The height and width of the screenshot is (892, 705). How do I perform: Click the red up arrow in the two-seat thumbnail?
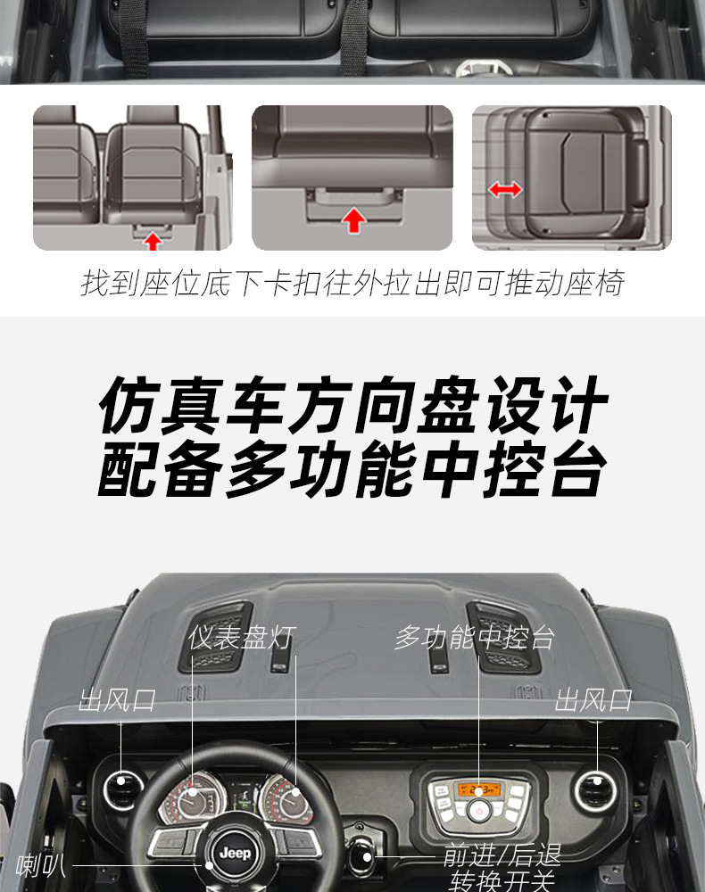[153, 240]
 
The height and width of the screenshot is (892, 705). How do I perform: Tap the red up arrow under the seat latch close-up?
[354, 219]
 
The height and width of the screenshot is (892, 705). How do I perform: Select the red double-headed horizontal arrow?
[505, 189]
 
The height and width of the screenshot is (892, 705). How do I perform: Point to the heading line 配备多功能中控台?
[352, 470]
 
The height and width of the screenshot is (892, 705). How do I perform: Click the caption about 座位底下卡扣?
[352, 283]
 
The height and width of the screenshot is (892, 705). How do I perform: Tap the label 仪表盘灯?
[242, 638]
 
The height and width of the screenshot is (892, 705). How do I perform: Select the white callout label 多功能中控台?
[475, 638]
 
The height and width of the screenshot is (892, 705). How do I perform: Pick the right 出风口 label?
[593, 700]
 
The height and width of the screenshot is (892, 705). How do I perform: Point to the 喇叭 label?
[41, 864]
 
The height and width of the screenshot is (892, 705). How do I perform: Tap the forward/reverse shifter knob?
[363, 859]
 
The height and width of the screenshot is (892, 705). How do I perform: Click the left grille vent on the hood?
[215, 637]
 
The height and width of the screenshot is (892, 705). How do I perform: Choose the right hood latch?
[438, 658]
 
